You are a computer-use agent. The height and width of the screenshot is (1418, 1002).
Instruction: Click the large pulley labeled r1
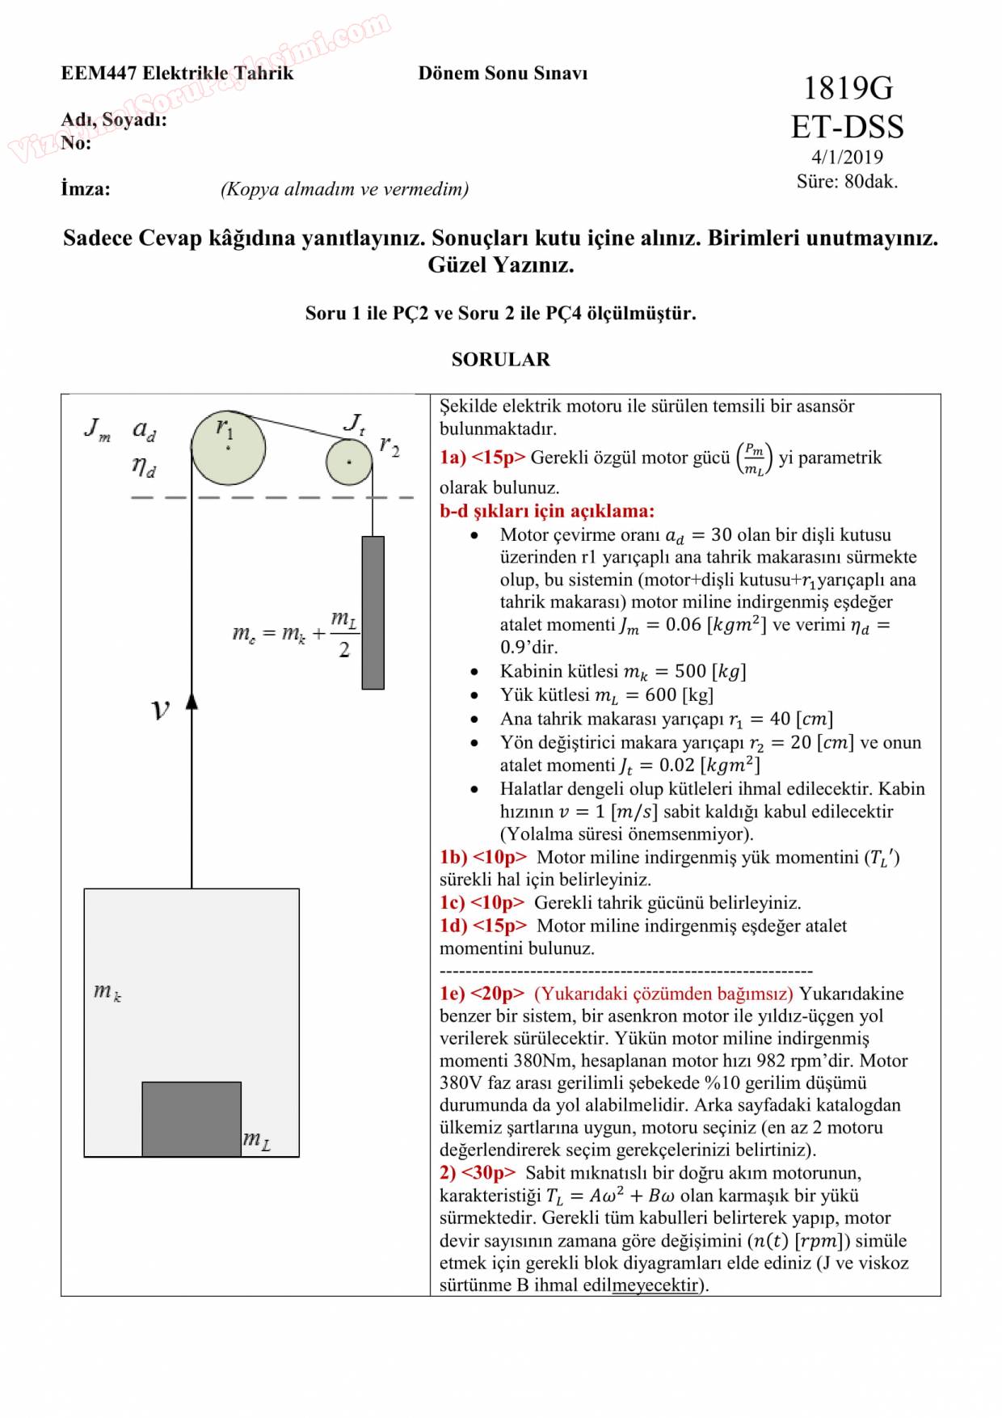pyautogui.click(x=228, y=448)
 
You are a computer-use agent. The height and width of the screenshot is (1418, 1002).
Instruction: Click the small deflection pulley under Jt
pyautogui.click(x=349, y=462)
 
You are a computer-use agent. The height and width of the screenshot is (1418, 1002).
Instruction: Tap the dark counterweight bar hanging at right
pyautogui.click(x=373, y=612)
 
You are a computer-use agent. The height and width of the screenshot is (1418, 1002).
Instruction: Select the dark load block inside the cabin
pyautogui.click(x=192, y=1119)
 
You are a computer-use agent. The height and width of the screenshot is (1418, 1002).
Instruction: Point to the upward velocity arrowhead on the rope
pyautogui.click(x=192, y=701)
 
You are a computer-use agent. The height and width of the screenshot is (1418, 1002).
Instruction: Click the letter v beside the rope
pyautogui.click(x=161, y=710)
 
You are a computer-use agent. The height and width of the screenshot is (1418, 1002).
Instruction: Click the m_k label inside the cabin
pyautogui.click(x=107, y=991)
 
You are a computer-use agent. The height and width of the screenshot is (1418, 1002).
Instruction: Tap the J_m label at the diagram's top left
pyautogui.click(x=97, y=428)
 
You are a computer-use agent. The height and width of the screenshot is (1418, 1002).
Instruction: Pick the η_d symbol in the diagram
pyautogui.click(x=144, y=466)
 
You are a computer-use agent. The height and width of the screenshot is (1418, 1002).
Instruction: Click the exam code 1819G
pyautogui.click(x=848, y=87)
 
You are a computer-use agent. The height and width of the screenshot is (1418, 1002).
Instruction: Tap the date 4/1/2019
pyautogui.click(x=847, y=157)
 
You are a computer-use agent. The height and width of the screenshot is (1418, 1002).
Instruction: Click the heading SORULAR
pyautogui.click(x=500, y=360)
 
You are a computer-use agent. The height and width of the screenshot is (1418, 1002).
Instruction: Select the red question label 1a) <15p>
pyautogui.click(x=482, y=458)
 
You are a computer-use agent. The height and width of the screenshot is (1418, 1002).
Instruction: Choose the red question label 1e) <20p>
pyautogui.click(x=482, y=994)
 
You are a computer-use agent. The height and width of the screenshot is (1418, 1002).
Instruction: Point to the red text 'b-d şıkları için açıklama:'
pyautogui.click(x=547, y=511)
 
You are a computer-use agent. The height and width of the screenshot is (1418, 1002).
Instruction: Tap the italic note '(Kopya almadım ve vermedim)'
pyautogui.click(x=344, y=189)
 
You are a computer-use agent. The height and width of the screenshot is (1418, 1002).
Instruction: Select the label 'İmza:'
pyautogui.click(x=86, y=189)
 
